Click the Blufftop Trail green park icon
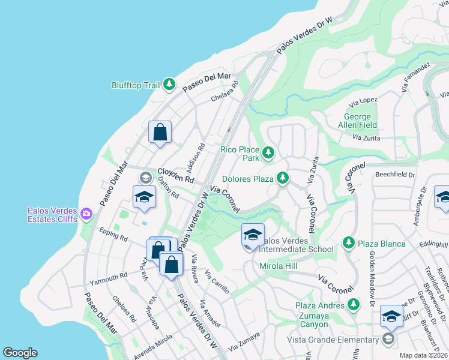(x=170, y=85)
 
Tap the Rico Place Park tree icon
(x=268, y=154)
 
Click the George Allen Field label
(x=360, y=121)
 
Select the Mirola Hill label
(x=279, y=265)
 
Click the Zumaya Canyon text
(x=307, y=324)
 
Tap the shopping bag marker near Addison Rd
(x=160, y=132)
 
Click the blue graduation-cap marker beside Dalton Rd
(x=144, y=198)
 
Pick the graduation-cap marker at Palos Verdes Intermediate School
(x=253, y=235)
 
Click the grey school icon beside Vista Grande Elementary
(x=388, y=340)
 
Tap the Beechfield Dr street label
(x=395, y=175)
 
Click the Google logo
(x=20, y=353)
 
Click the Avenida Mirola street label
(x=140, y=352)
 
